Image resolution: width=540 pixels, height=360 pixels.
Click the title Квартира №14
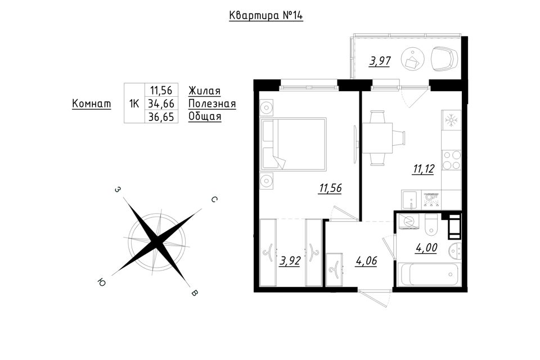(x=266, y=16)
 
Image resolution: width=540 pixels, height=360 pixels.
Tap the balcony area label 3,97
(x=380, y=61)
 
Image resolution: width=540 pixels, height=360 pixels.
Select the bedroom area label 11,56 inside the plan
(x=330, y=188)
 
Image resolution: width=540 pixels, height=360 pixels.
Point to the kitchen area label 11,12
(x=424, y=169)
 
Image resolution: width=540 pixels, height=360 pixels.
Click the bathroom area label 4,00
(x=426, y=247)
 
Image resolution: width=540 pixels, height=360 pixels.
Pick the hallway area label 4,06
(x=366, y=261)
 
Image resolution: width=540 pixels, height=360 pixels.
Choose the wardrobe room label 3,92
(x=290, y=261)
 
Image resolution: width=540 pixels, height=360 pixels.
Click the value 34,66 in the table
(x=161, y=103)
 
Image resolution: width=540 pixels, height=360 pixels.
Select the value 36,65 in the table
(x=161, y=116)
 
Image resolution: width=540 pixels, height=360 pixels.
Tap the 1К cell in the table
(x=134, y=103)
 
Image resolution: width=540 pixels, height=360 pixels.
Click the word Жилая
(x=205, y=91)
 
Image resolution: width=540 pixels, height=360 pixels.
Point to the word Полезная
(x=212, y=103)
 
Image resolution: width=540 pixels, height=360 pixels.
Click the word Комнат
(x=92, y=103)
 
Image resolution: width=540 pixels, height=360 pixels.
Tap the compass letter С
(x=214, y=200)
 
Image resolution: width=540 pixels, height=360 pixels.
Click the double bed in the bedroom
(x=294, y=144)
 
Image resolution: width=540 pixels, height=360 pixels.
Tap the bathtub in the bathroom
(x=429, y=274)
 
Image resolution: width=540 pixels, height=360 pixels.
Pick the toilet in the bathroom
(x=431, y=224)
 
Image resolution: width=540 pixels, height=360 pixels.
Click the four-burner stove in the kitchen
(x=452, y=160)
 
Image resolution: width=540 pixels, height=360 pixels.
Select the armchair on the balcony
(x=444, y=59)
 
